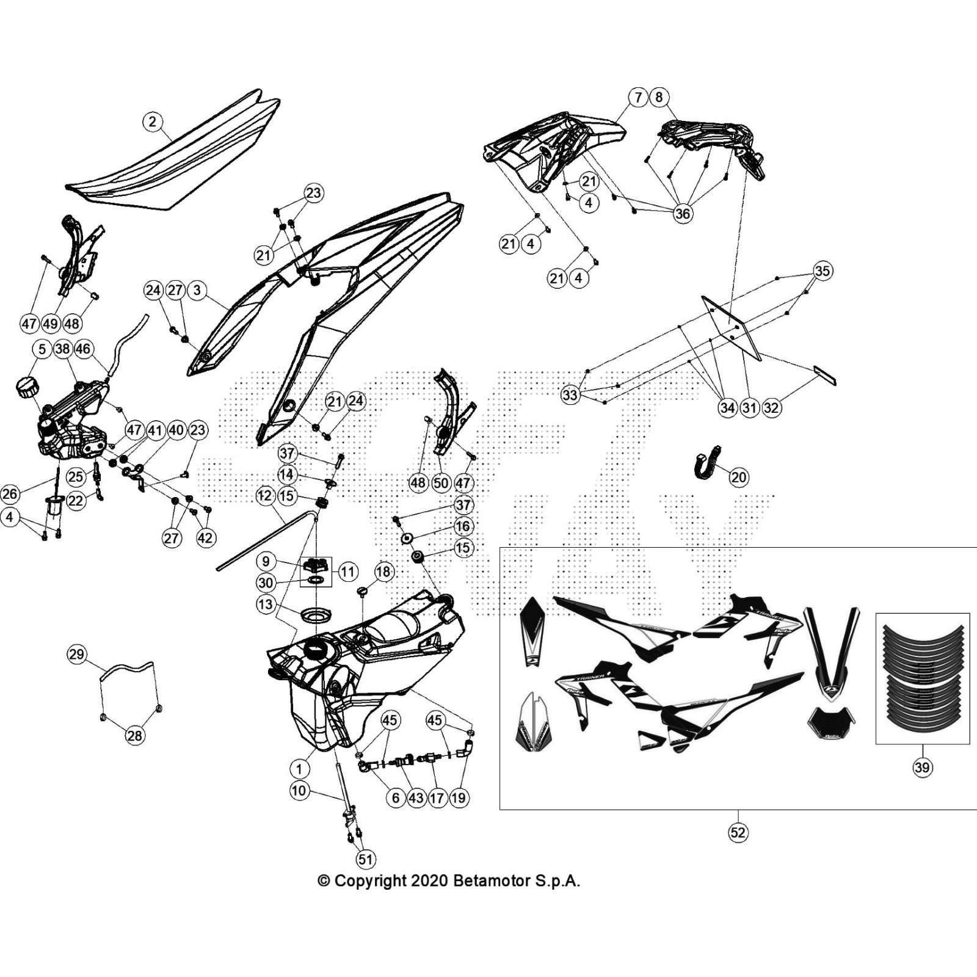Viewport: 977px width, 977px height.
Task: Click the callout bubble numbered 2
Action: (153, 122)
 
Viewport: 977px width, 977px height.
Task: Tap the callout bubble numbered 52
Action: (738, 832)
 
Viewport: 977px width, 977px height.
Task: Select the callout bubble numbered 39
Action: (922, 767)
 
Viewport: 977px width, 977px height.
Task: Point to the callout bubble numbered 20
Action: (739, 477)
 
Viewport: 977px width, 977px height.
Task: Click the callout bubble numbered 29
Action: (76, 655)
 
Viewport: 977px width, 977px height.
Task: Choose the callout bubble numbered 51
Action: (365, 860)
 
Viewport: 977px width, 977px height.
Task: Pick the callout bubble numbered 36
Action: (683, 213)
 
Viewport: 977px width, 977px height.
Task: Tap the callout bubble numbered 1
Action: (299, 769)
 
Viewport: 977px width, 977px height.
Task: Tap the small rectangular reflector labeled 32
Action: (825, 376)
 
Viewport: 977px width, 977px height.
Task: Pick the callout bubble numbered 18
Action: (383, 572)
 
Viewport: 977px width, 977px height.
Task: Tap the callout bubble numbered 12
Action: (264, 496)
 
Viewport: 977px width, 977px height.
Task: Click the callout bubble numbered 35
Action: (823, 271)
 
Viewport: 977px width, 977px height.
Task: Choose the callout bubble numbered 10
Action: (299, 791)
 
